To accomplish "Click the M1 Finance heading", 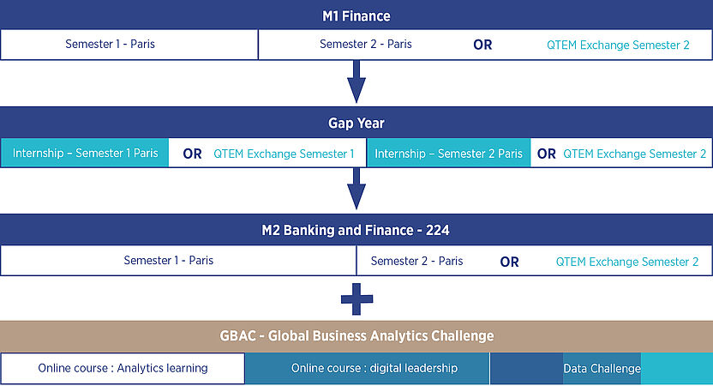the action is point(356,16).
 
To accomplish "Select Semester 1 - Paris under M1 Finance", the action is point(110,44).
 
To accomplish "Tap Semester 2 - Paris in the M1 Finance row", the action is point(366,44).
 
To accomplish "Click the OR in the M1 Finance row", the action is point(482,45).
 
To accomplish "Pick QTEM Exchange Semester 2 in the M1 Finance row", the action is point(618,45).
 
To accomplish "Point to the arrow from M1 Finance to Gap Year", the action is point(356,81).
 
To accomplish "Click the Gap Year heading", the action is point(356,123).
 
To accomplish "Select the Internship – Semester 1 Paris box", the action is point(85,153).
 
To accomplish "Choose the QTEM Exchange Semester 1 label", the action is point(284,154).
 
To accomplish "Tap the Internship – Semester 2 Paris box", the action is point(448,154).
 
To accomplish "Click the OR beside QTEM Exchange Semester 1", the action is point(192,154).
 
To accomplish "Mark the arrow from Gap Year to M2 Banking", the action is point(356,189).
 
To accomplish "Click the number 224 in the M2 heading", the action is point(437,231).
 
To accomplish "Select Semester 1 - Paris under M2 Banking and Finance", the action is point(168,261).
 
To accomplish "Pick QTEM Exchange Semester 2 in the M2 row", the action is point(627,262).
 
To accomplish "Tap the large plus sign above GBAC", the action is point(357,299).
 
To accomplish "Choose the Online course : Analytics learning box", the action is point(123,368).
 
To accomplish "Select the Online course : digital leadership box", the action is point(368,368).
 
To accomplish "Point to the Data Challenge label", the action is point(602,369).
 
